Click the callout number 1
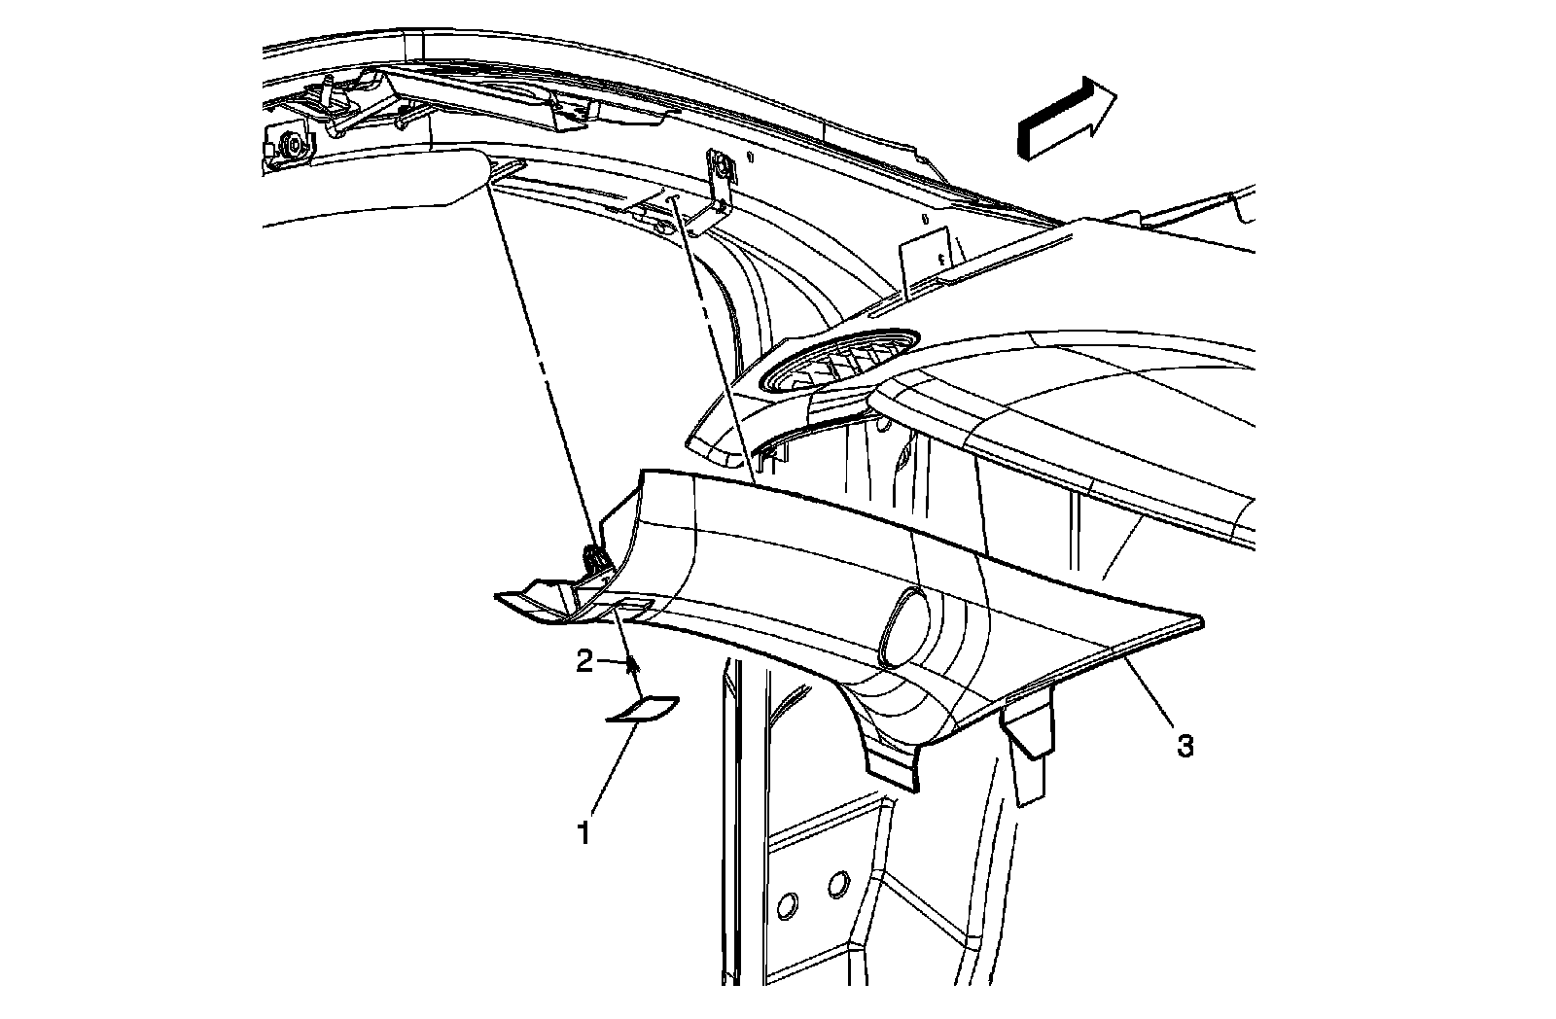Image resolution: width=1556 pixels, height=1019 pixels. (x=583, y=833)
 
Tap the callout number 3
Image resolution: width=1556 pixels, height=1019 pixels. (x=1185, y=747)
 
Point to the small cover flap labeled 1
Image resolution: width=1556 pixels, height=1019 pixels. (x=643, y=711)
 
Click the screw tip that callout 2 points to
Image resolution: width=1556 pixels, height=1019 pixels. (x=633, y=665)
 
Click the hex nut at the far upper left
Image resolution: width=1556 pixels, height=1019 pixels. (x=291, y=146)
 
